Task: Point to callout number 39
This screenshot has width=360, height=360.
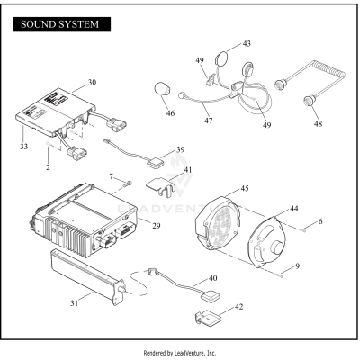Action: [180, 150]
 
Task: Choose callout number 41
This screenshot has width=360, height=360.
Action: [187, 170]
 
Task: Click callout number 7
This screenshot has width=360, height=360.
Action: [112, 176]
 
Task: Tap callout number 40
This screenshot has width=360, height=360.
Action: [212, 279]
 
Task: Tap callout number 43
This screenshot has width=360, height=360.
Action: [247, 44]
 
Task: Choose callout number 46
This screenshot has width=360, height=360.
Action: [170, 114]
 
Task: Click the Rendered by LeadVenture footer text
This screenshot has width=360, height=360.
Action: [180, 353]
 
